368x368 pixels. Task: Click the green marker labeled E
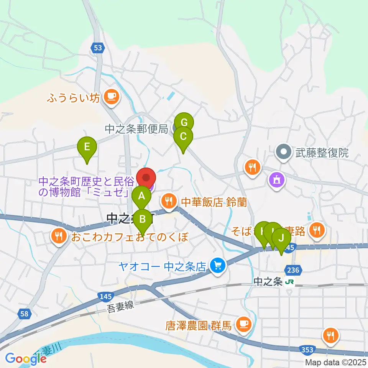(x=87, y=146)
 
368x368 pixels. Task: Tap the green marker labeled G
(x=184, y=123)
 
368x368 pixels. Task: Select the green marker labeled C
(x=183, y=136)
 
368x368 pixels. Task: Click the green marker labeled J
(x=281, y=238)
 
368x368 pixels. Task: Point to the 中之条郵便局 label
(x=136, y=130)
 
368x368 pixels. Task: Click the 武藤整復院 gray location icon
(x=284, y=153)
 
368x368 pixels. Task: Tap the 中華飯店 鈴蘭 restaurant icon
(x=168, y=200)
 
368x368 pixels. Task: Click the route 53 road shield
(x=98, y=48)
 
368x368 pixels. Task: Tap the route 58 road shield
(x=24, y=314)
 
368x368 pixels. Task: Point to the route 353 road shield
(x=307, y=350)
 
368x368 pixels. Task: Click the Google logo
(x=26, y=359)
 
